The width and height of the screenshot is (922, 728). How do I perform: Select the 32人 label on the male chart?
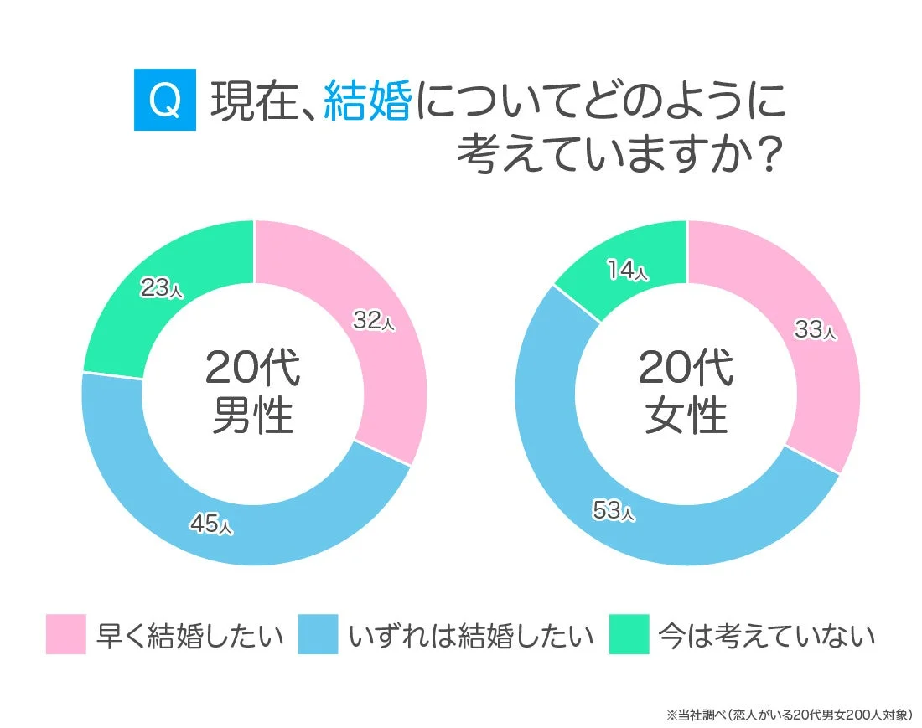click(x=373, y=320)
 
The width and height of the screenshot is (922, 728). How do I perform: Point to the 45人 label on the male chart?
click(x=211, y=524)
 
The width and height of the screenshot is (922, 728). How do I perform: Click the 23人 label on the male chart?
click(x=160, y=288)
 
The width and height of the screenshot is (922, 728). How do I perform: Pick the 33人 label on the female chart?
click(x=815, y=330)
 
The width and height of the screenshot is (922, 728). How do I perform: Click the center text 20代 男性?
click(x=252, y=391)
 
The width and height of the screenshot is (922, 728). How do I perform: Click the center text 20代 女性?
click(x=686, y=391)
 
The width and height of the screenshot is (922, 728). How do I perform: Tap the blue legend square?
click(x=318, y=634)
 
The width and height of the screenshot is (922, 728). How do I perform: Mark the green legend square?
click(x=629, y=634)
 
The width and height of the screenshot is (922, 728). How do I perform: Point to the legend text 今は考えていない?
click(x=766, y=635)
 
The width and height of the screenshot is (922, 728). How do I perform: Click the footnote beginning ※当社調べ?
click(x=789, y=715)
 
